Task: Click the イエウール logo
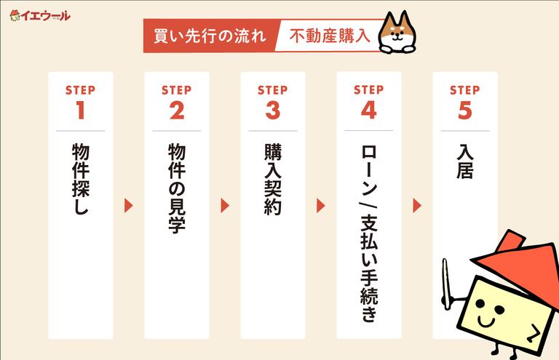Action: click(40, 15)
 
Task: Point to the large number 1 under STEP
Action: click(80, 111)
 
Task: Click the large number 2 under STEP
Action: click(177, 111)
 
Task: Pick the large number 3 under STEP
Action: click(273, 111)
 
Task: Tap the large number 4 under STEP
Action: click(369, 111)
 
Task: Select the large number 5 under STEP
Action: click(465, 111)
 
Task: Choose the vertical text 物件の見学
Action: click(177, 188)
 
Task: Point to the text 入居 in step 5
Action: click(465, 161)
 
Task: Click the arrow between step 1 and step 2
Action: click(129, 206)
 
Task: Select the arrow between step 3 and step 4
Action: click(321, 206)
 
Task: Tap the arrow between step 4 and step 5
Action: click(417, 206)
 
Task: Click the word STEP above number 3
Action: click(273, 90)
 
